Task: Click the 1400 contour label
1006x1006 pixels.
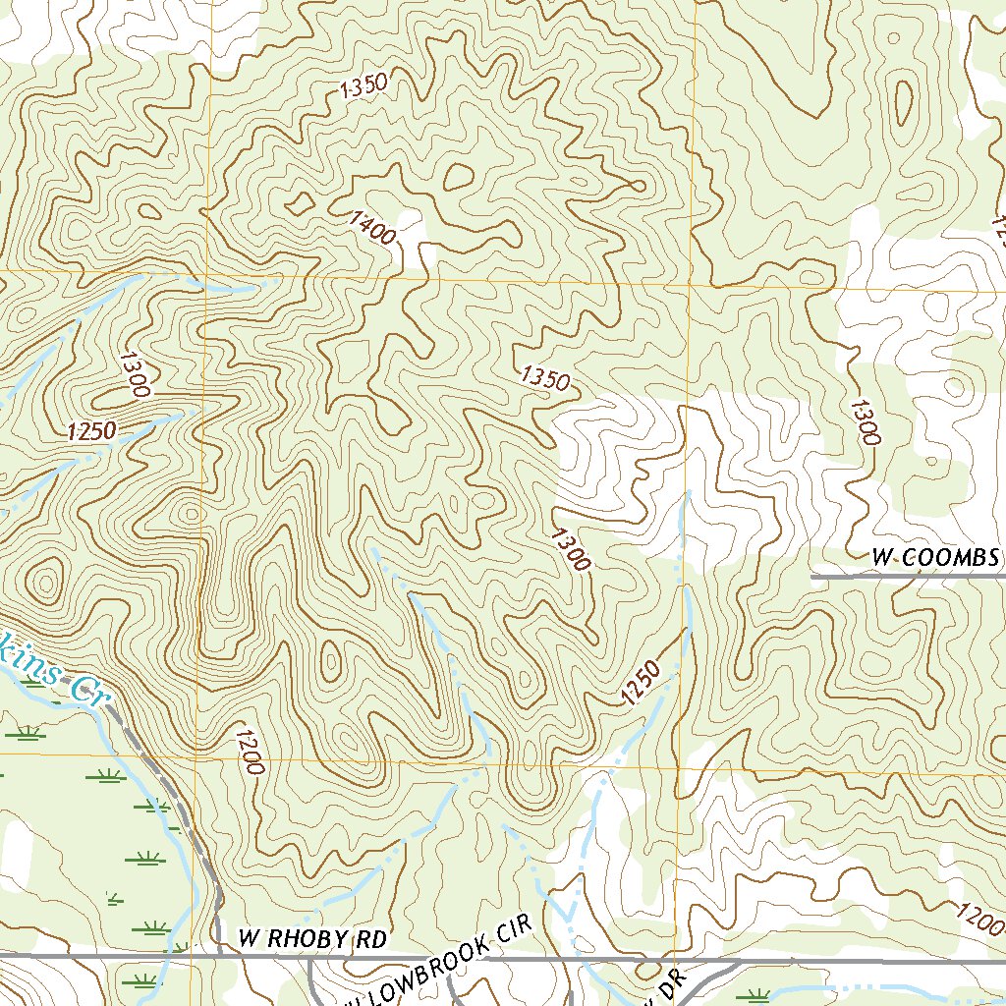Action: click(371, 228)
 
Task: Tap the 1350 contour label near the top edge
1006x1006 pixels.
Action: click(363, 86)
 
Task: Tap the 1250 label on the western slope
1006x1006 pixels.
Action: click(92, 430)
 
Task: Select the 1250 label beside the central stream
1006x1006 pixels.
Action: click(640, 684)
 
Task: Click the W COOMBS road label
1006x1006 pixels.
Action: click(935, 558)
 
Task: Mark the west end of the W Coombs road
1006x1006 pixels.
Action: click(812, 578)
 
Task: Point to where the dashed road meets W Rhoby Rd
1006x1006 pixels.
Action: click(217, 953)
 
